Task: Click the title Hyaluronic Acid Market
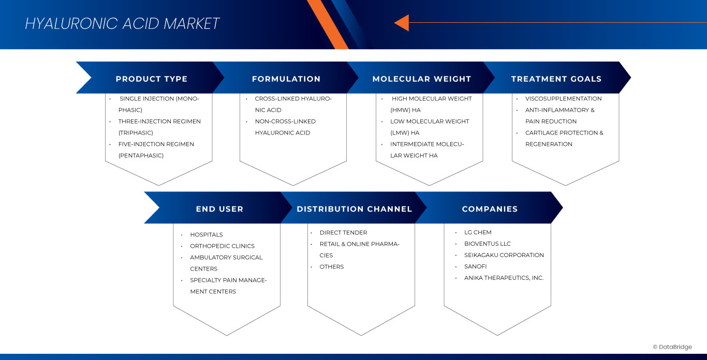(122, 24)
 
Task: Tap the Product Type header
(151, 79)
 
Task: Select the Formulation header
(286, 79)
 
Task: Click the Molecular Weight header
(421, 79)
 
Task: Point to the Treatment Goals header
(556, 79)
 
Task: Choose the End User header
(219, 209)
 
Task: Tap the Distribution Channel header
(354, 209)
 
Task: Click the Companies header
(490, 209)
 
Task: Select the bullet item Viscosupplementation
(563, 99)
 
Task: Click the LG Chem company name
(478, 232)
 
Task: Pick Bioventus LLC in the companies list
(487, 244)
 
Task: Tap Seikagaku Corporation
(504, 255)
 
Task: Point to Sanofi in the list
(475, 266)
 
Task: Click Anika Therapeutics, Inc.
(504, 278)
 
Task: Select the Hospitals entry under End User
(206, 234)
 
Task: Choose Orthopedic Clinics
(222, 246)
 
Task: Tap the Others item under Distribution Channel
(331, 266)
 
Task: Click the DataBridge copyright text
(672, 347)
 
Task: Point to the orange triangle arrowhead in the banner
(402, 23)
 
